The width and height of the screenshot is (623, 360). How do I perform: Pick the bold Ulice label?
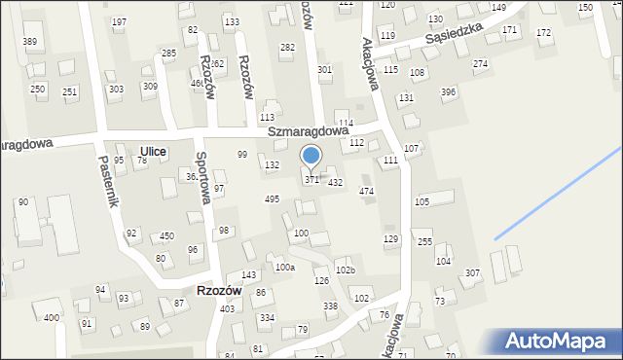(153, 151)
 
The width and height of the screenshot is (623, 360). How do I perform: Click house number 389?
(30, 41)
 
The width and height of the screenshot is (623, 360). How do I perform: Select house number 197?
(119, 21)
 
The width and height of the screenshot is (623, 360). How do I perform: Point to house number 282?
(287, 47)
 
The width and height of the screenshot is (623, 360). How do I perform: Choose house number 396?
(448, 92)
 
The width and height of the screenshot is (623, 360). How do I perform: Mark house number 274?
(480, 63)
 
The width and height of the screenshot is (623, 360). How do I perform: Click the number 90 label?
(22, 201)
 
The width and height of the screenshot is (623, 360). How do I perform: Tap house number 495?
(273, 198)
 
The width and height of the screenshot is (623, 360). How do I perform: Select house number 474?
(366, 192)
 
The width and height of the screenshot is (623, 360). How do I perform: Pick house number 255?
(424, 240)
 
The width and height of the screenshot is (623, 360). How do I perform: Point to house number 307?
(472, 273)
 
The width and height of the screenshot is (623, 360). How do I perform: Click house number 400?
(51, 318)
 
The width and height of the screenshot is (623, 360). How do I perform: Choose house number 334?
(267, 318)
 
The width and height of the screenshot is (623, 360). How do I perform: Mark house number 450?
(167, 235)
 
